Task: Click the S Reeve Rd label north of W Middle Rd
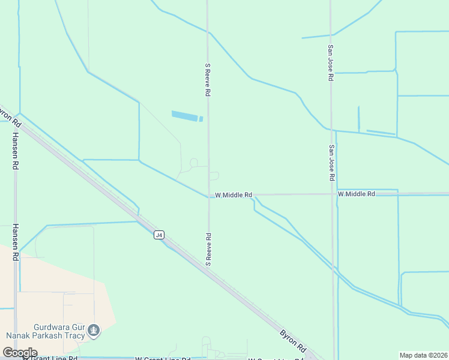[208, 80]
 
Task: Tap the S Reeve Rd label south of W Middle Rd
[208, 249]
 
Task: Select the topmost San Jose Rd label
[330, 63]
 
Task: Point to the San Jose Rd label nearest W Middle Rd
[331, 163]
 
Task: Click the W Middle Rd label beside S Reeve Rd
[234, 195]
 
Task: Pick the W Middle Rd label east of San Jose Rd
[356, 194]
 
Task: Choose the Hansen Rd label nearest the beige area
[14, 247]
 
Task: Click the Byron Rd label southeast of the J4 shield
[293, 341]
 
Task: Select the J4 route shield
[158, 235]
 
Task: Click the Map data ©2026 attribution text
[423, 355]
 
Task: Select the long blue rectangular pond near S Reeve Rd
[186, 115]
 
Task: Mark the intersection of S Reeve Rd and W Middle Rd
[209, 195]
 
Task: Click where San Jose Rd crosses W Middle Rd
[332, 194]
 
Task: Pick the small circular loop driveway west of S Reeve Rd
[193, 163]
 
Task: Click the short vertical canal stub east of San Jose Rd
[358, 119]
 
